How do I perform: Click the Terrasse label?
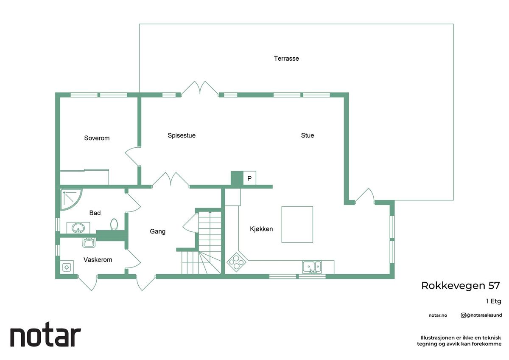pos(286,59)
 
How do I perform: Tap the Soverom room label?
pos(97,138)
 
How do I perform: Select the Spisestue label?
pos(182,135)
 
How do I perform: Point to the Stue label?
pos(308,135)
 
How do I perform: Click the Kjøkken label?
pos(261,229)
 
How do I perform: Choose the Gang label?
pos(157,231)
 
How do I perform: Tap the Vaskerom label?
pos(98,260)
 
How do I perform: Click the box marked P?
pos(249,178)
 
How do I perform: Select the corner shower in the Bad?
pos(70,199)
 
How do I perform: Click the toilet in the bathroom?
pos(114,224)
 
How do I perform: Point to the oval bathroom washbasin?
pos(78,228)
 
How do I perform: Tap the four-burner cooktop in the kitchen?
pos(236,262)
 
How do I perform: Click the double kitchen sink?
pos(312,267)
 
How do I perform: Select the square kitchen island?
pos(297,225)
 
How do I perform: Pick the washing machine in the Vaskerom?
pos(67,267)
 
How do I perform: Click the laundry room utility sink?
pos(89,242)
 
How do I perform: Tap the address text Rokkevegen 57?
pos(461,286)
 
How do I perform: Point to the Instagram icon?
pos(463,315)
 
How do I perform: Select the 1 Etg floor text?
pos(494,301)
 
